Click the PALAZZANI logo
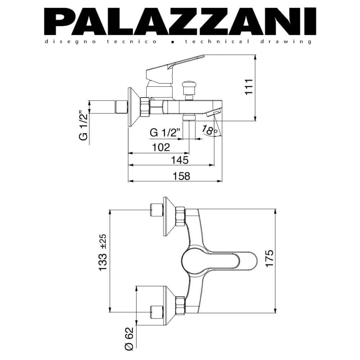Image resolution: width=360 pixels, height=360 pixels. [x=180, y=21]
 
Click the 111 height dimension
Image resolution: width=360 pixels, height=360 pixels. [x=249, y=87]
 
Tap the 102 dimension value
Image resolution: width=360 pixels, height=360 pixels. [x=161, y=147]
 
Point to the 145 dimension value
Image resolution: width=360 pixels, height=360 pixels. [x=180, y=160]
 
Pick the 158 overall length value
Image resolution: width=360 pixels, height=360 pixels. [x=181, y=176]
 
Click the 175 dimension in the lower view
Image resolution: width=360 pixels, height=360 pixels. [x=270, y=258]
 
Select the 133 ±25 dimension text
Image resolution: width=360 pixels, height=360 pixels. [x=103, y=253]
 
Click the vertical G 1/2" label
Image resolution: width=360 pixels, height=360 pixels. [x=84, y=125]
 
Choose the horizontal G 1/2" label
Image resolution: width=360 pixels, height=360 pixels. [x=165, y=132]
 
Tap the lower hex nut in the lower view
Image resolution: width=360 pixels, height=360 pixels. [x=180, y=306]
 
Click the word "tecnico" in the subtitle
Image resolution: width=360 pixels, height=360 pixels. [x=132, y=41]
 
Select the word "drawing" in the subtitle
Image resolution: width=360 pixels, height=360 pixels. [x=286, y=42]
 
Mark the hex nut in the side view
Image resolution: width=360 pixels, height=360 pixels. [x=145, y=107]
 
